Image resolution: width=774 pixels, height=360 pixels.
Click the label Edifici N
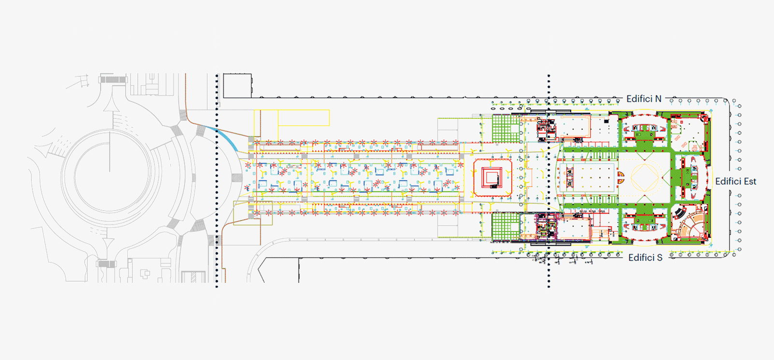[x=644, y=99]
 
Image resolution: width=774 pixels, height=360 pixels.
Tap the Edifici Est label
[x=735, y=182]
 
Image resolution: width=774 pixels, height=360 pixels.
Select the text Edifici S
[x=645, y=258]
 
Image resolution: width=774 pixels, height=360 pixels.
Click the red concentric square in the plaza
[x=492, y=178]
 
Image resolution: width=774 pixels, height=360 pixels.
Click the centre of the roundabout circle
[x=110, y=171]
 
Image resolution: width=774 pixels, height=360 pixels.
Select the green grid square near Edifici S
[x=506, y=227]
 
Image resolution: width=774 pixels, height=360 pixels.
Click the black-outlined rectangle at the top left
[x=237, y=86]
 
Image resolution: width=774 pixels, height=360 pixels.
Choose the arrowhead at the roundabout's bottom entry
[x=107, y=242]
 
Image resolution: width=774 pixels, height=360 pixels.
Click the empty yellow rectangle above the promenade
[x=303, y=117]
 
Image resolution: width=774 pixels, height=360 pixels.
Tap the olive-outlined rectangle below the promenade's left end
[x=253, y=213]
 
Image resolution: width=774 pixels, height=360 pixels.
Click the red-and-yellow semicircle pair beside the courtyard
[x=621, y=177]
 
